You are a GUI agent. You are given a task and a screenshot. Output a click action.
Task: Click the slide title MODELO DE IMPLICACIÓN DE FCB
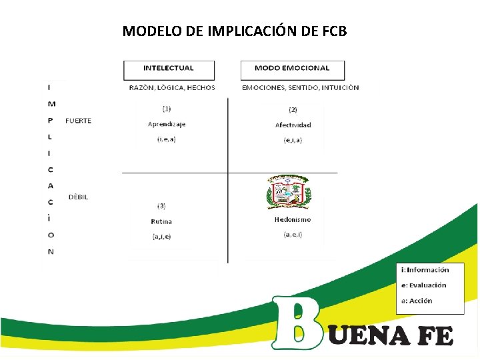click(235, 31)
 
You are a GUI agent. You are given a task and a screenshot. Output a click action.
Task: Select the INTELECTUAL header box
click(169, 69)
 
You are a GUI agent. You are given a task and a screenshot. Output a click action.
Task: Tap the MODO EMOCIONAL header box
click(293, 69)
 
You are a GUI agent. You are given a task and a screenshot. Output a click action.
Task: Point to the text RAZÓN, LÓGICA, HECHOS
click(172, 87)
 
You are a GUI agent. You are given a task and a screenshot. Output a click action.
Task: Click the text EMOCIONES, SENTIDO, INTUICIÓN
click(300, 87)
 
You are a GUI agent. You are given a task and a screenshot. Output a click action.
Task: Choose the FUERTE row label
click(79, 121)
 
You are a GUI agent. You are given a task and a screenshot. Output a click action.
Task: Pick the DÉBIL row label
click(78, 197)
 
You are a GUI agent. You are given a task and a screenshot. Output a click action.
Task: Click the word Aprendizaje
click(167, 124)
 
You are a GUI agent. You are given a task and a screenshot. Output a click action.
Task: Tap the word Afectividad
click(293, 125)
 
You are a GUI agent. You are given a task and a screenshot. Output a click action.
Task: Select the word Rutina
click(161, 221)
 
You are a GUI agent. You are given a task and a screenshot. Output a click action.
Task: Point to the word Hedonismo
click(293, 219)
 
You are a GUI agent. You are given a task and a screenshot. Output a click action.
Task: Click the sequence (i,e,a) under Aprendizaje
click(167, 139)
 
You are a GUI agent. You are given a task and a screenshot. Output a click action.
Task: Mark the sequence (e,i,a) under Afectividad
click(293, 140)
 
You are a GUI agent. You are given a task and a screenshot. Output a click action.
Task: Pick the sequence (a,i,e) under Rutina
click(161, 236)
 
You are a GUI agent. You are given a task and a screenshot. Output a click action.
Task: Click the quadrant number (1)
click(167, 108)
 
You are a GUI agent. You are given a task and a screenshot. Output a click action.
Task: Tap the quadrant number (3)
click(161, 206)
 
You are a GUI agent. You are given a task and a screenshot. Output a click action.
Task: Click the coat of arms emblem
click(289, 193)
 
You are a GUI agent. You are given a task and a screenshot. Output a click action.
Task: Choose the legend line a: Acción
click(417, 301)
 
